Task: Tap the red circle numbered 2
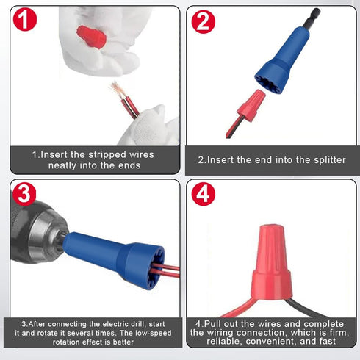click(204, 21)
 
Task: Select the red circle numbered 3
click(25, 194)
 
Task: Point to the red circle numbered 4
click(203, 194)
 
